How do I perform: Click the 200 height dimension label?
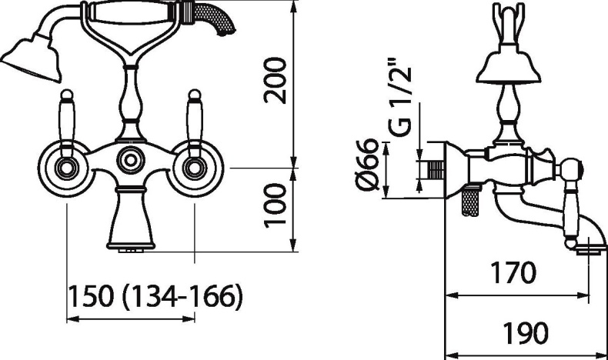(275, 81)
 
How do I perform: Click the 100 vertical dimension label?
(275, 206)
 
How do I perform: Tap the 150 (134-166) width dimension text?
(155, 296)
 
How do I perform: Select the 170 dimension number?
(513, 272)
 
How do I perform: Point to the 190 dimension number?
(525, 332)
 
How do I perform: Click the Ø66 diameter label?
(367, 165)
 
